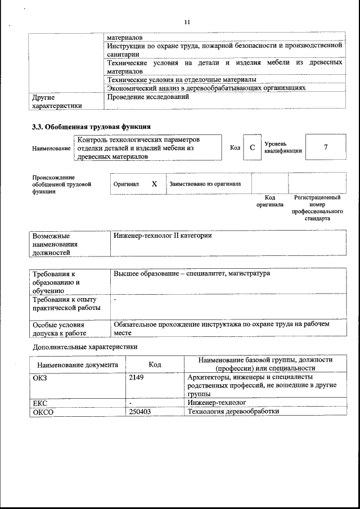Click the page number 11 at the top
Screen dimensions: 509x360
(187, 22)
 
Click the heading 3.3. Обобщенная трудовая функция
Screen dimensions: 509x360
(91, 127)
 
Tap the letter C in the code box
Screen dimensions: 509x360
(252, 148)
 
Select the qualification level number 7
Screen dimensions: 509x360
(325, 147)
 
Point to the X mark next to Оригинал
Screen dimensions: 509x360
(154, 184)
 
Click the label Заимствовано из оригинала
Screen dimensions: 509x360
(205, 184)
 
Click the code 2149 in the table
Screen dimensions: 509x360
(137, 377)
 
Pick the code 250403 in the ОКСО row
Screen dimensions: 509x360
(140, 411)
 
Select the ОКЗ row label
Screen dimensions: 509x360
(40, 377)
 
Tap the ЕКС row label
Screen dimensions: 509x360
(40, 403)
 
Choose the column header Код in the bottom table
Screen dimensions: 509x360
(155, 364)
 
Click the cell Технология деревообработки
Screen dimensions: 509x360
(233, 411)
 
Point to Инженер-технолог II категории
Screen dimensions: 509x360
(163, 236)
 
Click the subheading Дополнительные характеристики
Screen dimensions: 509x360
(84, 347)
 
